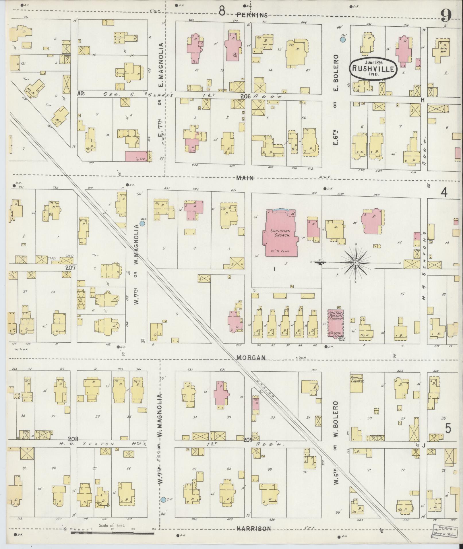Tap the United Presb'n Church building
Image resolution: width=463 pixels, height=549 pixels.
coord(336,323)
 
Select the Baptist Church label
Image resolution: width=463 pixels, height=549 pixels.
coord(357,379)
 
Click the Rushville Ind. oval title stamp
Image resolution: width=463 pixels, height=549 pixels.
coord(373,68)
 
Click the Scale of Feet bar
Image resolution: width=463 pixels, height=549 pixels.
coord(113,533)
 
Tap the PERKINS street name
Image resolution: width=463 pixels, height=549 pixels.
coord(252,15)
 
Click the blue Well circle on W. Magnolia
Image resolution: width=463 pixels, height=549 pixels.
coord(142,223)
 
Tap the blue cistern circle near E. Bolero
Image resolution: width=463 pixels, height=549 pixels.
coord(342,40)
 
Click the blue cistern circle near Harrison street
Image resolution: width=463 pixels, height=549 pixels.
coord(163,500)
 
